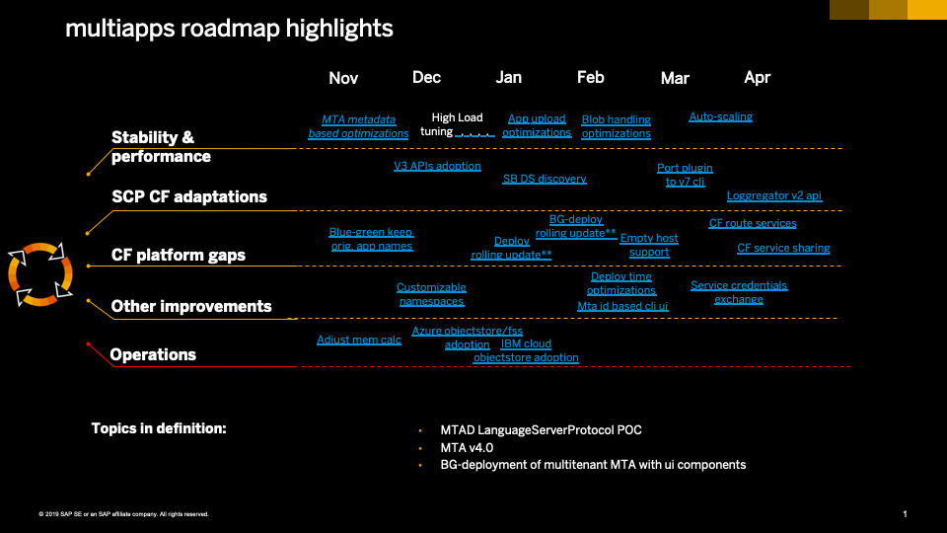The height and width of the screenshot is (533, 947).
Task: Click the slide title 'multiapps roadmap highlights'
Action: click(x=229, y=29)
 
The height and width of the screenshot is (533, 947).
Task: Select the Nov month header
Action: click(x=343, y=78)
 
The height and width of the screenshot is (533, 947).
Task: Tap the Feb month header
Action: click(x=591, y=77)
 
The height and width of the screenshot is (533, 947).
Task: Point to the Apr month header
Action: click(x=757, y=77)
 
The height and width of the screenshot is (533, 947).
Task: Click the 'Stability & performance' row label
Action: click(x=161, y=147)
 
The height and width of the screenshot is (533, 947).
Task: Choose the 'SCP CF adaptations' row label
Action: click(x=189, y=196)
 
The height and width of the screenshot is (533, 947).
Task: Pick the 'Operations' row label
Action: click(x=153, y=354)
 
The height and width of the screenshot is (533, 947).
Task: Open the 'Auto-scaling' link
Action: click(x=720, y=116)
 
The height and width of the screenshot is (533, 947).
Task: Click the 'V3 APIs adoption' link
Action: click(x=437, y=166)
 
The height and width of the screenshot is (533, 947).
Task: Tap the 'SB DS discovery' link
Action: click(x=545, y=179)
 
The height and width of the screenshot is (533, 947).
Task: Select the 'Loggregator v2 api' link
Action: click(x=774, y=195)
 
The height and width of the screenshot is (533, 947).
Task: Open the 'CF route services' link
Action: click(x=753, y=223)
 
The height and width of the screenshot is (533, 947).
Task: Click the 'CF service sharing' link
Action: click(x=783, y=248)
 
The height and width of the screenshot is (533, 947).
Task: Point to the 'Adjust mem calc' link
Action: click(x=359, y=340)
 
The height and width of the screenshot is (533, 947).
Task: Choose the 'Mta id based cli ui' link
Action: click(x=622, y=306)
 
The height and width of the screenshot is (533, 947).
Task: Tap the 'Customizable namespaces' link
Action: click(x=431, y=294)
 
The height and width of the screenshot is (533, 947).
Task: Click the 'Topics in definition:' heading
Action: click(x=159, y=428)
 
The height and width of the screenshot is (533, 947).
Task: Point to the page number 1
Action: click(x=905, y=513)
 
